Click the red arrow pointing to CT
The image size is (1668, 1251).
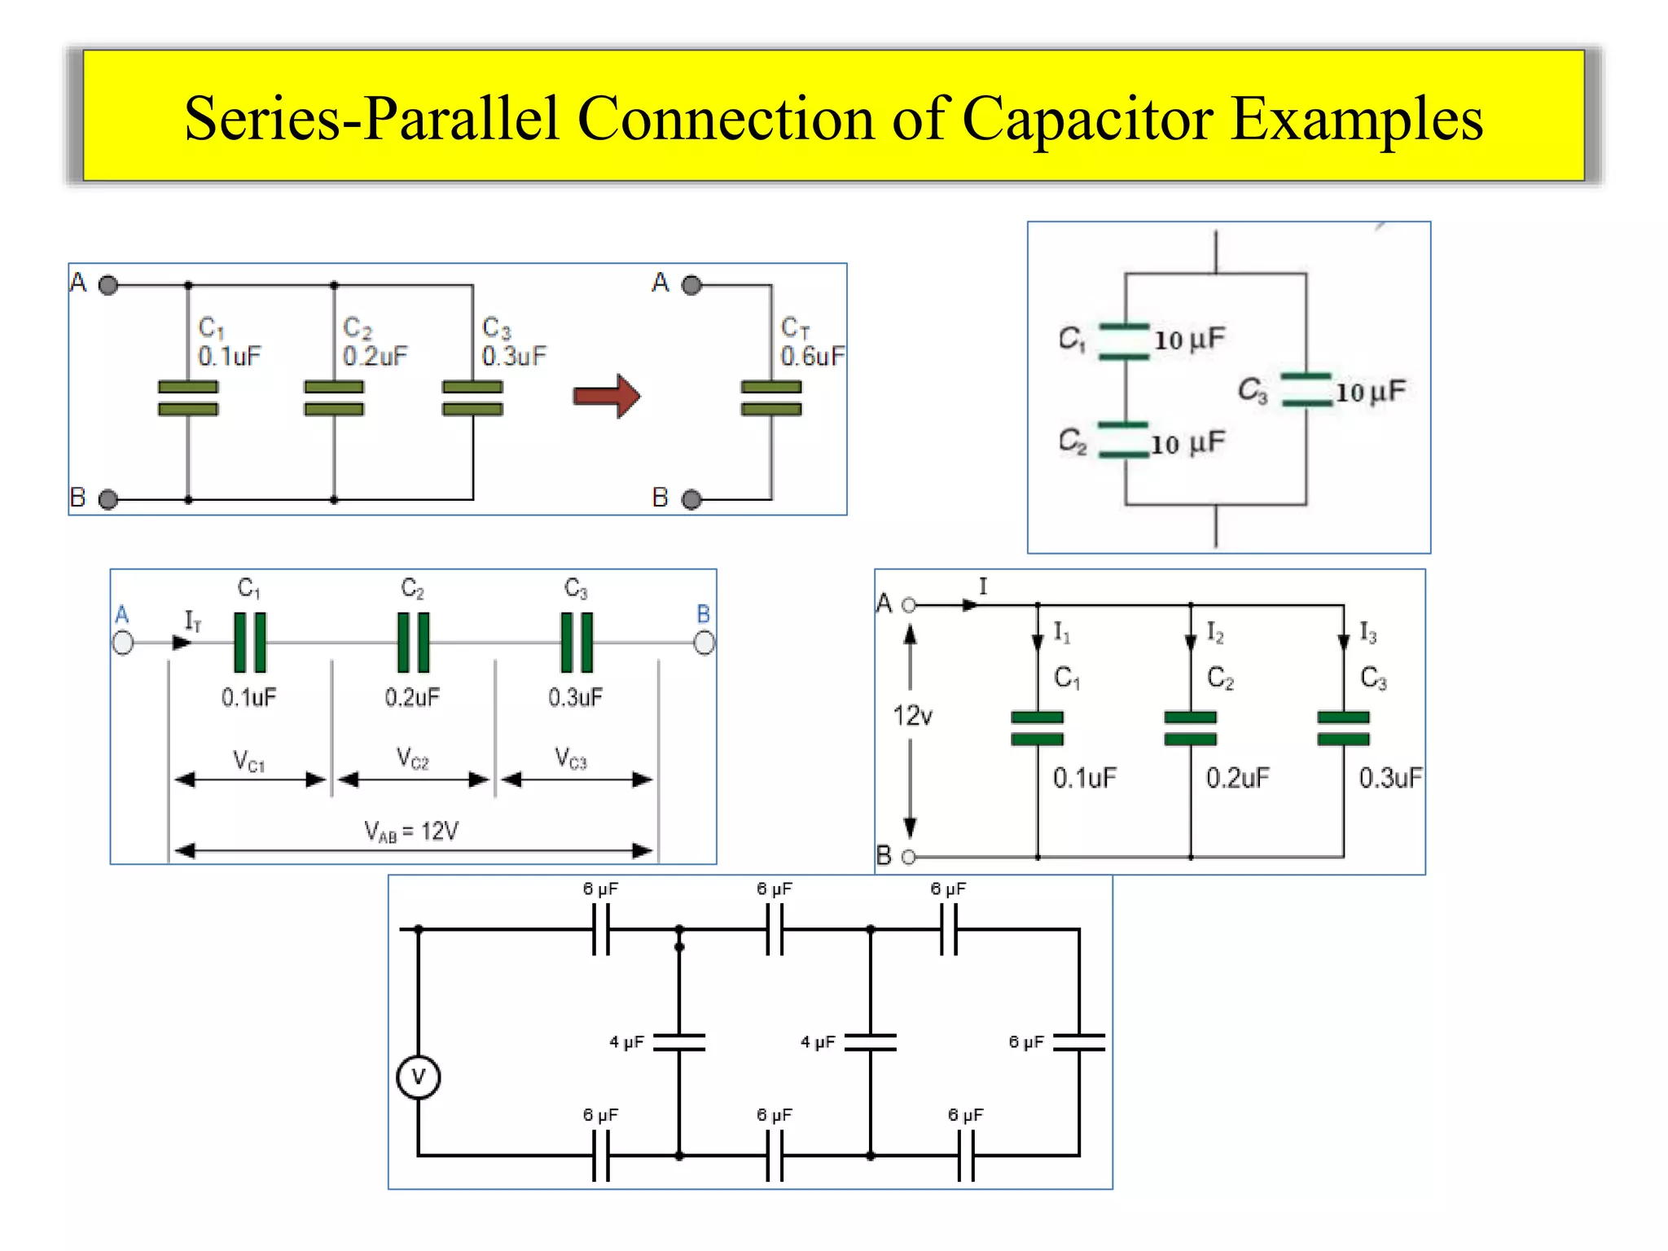tap(606, 397)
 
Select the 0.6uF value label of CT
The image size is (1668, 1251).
tap(812, 356)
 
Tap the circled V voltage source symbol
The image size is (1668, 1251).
tap(419, 1077)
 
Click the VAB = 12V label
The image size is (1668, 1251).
tap(411, 832)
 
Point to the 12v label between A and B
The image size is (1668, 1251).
tap(912, 716)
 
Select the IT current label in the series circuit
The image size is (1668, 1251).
tap(193, 621)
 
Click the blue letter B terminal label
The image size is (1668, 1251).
tap(704, 614)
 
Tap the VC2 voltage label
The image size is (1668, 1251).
tap(413, 758)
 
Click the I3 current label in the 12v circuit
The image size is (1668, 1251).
tap(1368, 633)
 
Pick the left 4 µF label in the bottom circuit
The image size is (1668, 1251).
tap(626, 1042)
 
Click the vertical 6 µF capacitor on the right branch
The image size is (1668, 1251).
tap(1079, 1042)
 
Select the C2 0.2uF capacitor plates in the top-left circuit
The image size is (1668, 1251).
tap(334, 397)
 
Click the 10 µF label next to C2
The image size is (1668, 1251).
tap(1187, 444)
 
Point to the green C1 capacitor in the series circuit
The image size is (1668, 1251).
tap(250, 643)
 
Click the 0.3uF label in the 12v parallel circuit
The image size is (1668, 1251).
tap(1389, 778)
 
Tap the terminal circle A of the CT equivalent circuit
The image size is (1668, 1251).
tap(691, 285)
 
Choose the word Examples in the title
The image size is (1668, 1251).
tap(1356, 120)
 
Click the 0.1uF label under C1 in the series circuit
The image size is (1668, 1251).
tap(249, 697)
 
